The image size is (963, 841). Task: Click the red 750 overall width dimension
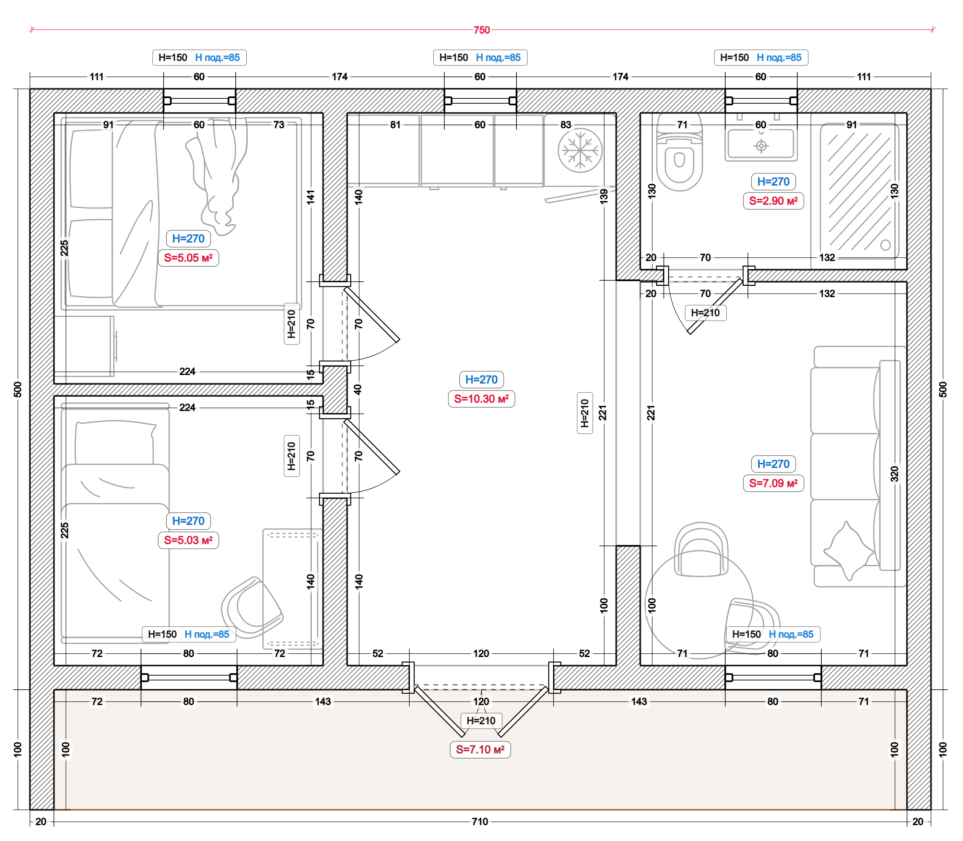(x=482, y=30)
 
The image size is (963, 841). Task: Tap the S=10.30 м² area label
(x=482, y=399)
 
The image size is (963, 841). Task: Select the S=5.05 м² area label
(x=188, y=258)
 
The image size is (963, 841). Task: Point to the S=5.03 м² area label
(x=188, y=540)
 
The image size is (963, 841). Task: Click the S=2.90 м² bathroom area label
(x=773, y=201)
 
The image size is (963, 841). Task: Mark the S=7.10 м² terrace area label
(x=480, y=749)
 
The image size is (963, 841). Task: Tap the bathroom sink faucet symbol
(x=761, y=146)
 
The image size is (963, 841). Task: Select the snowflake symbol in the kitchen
(x=580, y=151)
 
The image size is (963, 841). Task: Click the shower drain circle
(x=885, y=245)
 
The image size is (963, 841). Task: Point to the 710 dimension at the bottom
(x=480, y=822)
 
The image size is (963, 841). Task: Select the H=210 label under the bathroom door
(x=705, y=313)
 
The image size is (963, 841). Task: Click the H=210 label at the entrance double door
(x=481, y=721)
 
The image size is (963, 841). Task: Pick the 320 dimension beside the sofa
(x=894, y=474)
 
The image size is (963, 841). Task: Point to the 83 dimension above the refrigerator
(x=566, y=125)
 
